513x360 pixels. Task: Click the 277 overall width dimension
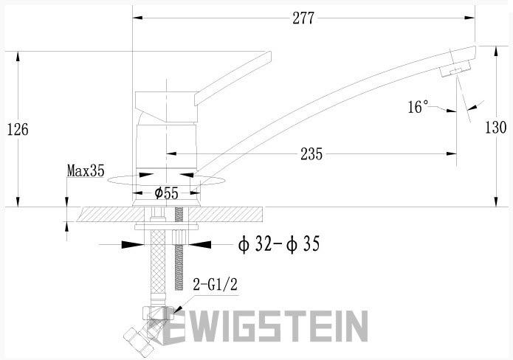coord(303,18)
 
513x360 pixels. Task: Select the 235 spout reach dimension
coord(311,153)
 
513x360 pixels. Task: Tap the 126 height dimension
coord(18,129)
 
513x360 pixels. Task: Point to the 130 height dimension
coord(496,127)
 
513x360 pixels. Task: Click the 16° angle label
coord(418,106)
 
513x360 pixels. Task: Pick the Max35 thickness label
coord(86,170)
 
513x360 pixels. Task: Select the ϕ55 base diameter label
coord(167,193)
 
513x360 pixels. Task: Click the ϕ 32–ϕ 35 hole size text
coord(279,244)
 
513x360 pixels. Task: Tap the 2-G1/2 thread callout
coord(215,285)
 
